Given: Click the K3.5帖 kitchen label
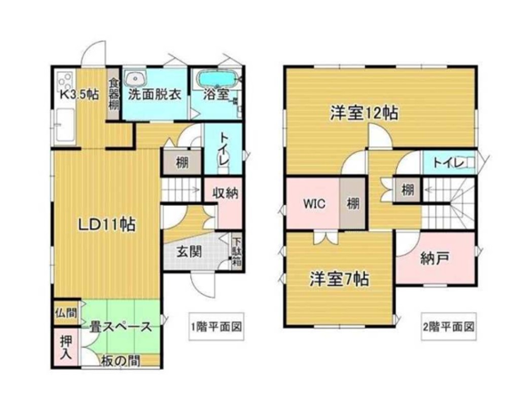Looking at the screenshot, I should click(x=79, y=94).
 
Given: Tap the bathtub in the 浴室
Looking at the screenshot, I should click(x=216, y=80).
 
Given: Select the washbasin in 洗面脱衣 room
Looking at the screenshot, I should click(x=135, y=79).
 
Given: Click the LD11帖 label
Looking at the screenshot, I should click(x=106, y=225).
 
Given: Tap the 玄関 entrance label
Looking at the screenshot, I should click(x=188, y=251).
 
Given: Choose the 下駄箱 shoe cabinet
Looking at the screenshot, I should click(x=237, y=252).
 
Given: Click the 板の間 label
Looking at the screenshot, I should click(x=120, y=361).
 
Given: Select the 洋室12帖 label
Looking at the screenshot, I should click(x=364, y=113).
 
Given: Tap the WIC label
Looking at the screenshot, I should click(x=314, y=204).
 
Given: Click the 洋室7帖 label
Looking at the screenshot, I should click(x=339, y=279).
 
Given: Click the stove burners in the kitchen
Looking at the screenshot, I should click(x=64, y=80).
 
